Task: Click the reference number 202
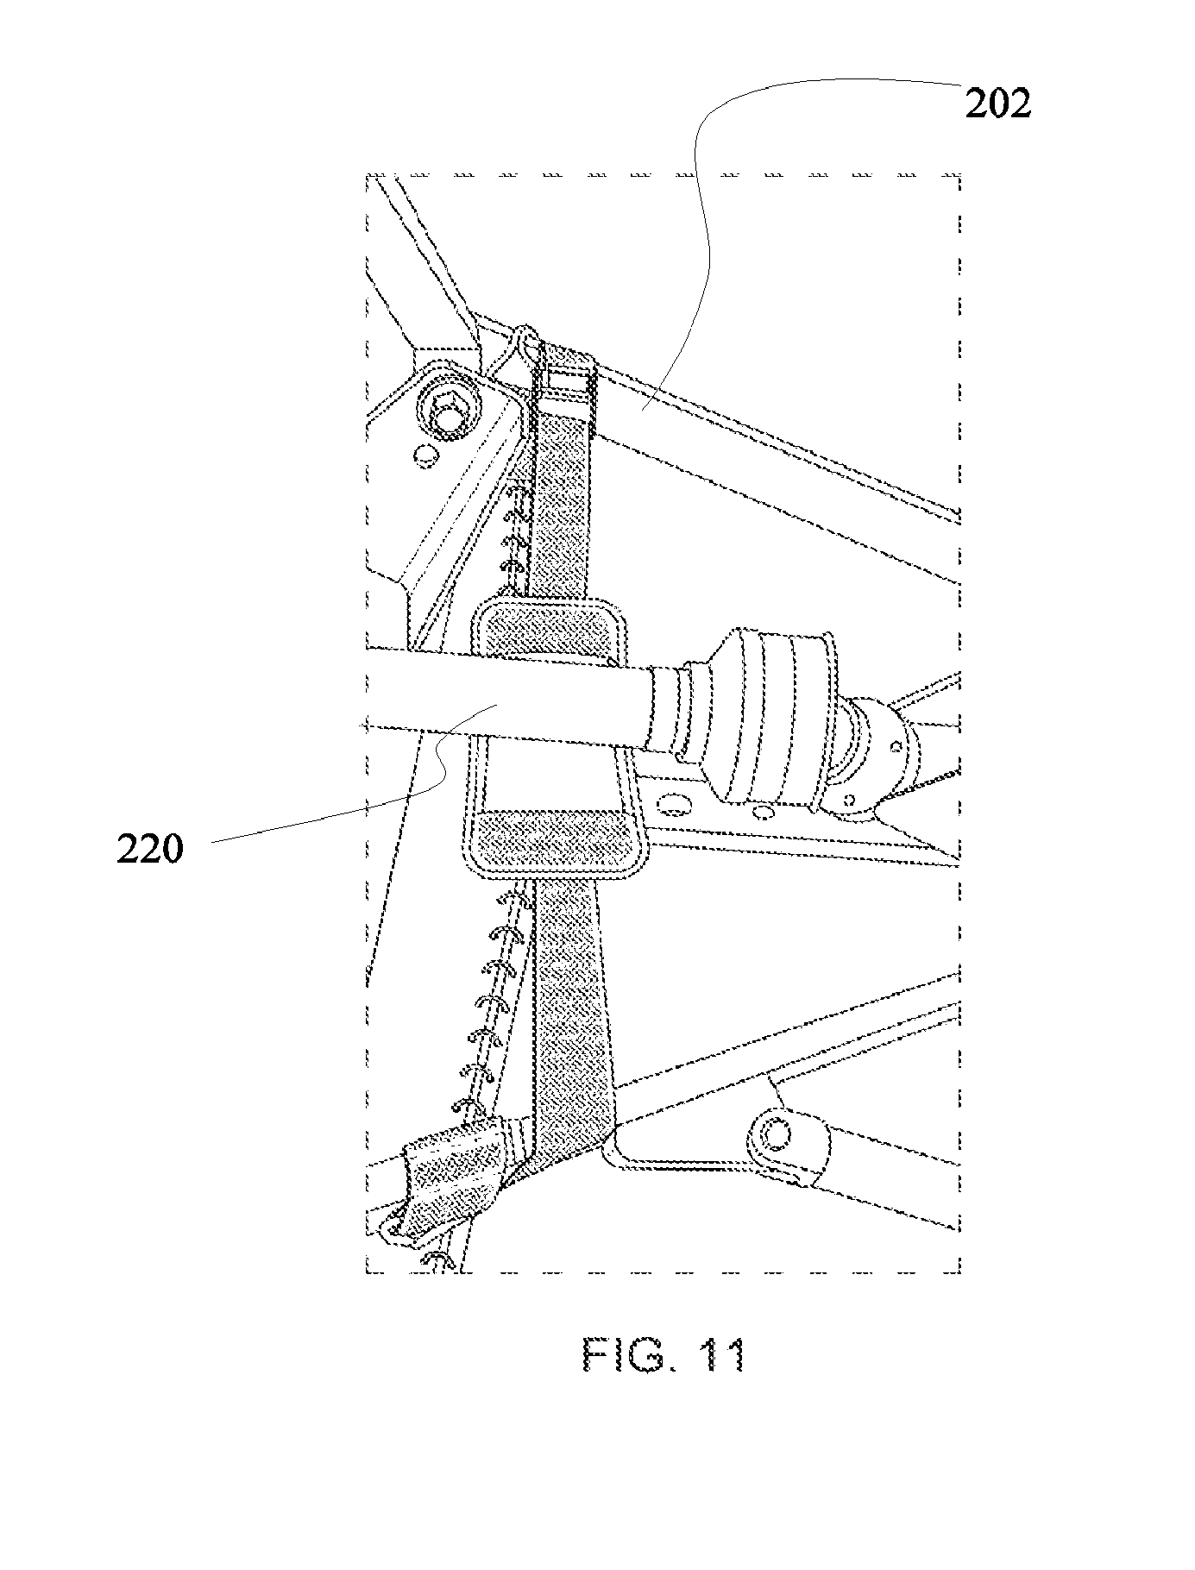click(x=997, y=105)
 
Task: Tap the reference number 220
click(x=150, y=850)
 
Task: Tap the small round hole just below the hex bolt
click(x=424, y=454)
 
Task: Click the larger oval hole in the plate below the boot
click(x=676, y=805)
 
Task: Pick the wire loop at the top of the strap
click(x=525, y=345)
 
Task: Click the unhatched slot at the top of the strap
click(x=567, y=381)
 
